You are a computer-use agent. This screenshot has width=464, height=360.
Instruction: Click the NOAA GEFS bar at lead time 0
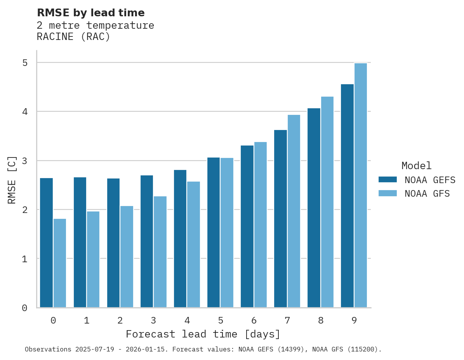[46, 242]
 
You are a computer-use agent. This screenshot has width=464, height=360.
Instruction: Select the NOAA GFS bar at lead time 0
[60, 263]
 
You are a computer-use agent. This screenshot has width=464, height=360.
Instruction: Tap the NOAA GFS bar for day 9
[361, 185]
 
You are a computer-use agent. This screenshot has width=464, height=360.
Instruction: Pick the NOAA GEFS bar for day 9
[347, 196]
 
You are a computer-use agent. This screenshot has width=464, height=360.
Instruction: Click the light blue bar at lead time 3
[160, 252]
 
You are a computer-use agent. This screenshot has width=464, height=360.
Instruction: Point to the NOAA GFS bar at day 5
[227, 233]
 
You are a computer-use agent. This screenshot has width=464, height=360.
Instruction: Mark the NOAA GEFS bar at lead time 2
[113, 243]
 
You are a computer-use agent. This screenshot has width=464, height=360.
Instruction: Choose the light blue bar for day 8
[327, 202]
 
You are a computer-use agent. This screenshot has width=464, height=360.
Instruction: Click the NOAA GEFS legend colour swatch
[388, 180]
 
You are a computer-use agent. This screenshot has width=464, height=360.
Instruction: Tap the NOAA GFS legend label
[427, 194]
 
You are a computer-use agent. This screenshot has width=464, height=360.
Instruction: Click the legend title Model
[416, 166]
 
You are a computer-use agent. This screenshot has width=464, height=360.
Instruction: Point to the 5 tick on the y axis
[24, 63]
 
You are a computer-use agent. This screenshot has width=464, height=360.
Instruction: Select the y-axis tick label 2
[24, 210]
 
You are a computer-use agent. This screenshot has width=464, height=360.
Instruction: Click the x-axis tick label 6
[254, 320]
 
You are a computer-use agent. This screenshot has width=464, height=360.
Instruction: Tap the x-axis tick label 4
[187, 320]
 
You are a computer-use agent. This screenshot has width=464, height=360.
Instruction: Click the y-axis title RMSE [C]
[12, 180]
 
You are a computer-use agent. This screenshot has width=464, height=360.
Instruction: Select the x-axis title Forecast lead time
[203, 334]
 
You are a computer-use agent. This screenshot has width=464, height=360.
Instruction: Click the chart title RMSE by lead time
[91, 13]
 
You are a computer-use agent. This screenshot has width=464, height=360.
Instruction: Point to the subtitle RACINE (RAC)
[73, 37]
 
